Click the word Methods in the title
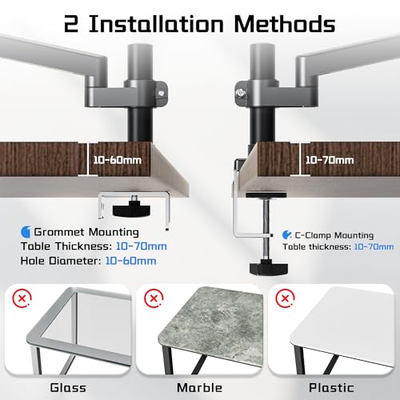click(x=285, y=24)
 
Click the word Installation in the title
click(x=156, y=24)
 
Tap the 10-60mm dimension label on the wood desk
click(x=118, y=160)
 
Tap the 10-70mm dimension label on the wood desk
click(x=330, y=160)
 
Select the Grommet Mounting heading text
click(x=86, y=232)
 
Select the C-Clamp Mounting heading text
click(x=334, y=235)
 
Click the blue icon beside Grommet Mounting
click(x=26, y=232)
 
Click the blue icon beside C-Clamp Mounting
click(x=287, y=235)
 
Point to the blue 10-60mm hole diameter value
click(x=130, y=261)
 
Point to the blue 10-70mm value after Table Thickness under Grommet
click(x=142, y=246)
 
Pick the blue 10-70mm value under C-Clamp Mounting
click(x=374, y=247)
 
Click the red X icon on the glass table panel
click(x=22, y=298)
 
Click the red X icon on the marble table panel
click(x=154, y=298)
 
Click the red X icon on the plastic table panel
click(x=285, y=298)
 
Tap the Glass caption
click(x=68, y=388)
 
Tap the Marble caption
click(x=199, y=388)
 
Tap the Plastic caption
click(x=331, y=388)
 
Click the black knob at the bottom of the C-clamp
click(x=269, y=269)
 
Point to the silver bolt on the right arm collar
click(x=241, y=93)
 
